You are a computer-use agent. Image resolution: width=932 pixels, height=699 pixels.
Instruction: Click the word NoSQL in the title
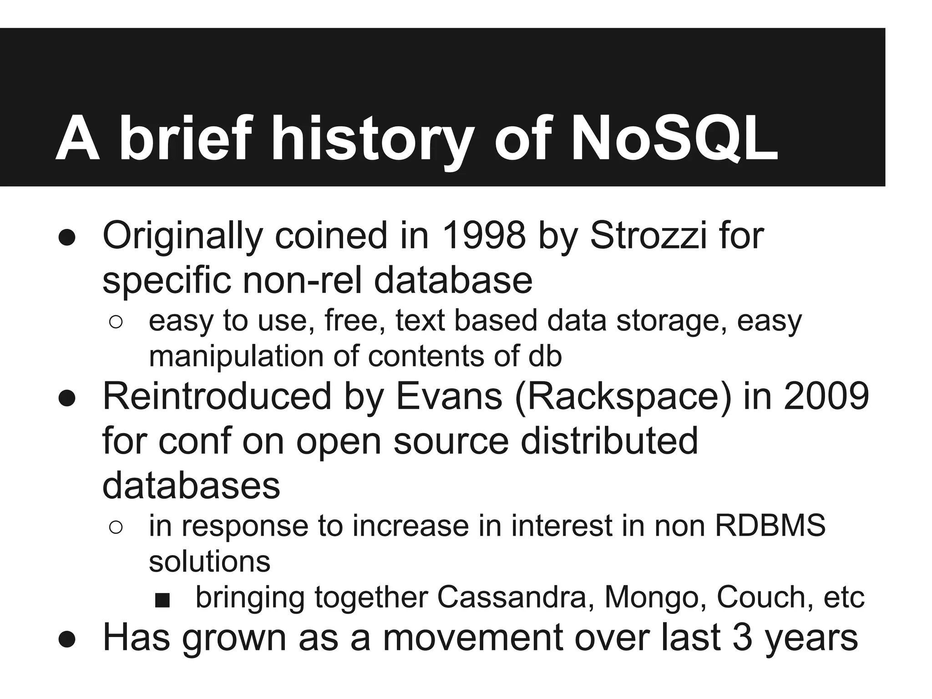coord(674,138)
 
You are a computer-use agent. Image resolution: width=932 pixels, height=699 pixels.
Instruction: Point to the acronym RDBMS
coord(770,526)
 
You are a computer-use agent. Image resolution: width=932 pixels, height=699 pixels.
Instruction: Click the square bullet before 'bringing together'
coord(162,600)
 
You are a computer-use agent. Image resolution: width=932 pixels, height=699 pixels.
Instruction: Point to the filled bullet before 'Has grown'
coord(66,639)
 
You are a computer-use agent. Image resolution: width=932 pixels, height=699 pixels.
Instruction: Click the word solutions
coord(210,562)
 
